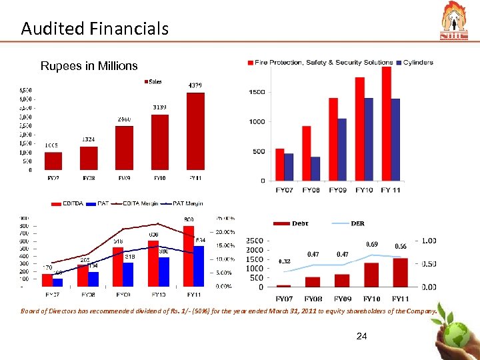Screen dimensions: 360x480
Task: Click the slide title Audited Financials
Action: point(94,28)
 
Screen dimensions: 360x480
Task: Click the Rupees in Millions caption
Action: point(89,66)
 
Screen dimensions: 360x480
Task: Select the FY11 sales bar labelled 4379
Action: point(195,131)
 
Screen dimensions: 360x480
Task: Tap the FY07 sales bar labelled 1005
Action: point(53,161)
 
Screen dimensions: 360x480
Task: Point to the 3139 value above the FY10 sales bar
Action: point(159,107)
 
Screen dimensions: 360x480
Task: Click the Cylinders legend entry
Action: point(417,63)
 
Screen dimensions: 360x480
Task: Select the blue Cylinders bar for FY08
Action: point(315,169)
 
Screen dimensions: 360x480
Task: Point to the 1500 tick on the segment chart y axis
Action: point(256,92)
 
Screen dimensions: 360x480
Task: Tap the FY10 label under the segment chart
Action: point(364,191)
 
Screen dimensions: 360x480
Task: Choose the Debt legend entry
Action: point(293,223)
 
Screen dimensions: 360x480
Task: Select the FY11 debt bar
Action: point(401,273)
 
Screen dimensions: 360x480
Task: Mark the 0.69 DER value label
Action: point(371,245)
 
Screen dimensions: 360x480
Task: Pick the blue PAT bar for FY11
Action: point(199,266)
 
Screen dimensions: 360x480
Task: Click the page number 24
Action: point(361,337)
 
